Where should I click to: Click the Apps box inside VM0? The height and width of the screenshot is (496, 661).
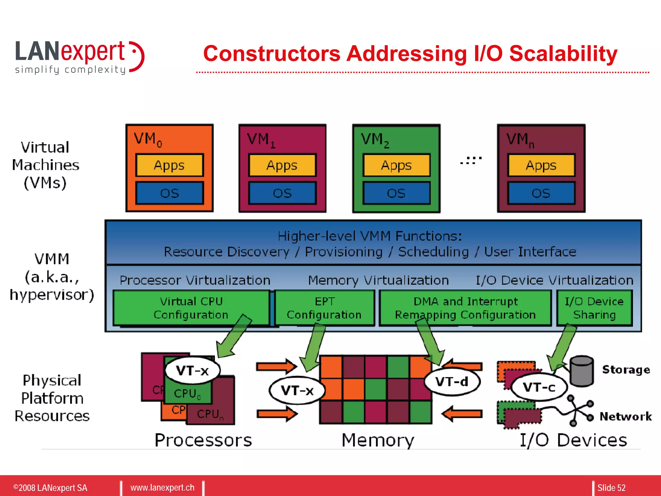coord(169,165)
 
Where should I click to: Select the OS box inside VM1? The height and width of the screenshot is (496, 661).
coord(282,193)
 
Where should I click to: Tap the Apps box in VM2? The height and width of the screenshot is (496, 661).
coord(396,165)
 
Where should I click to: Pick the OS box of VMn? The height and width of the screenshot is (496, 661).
coord(541,193)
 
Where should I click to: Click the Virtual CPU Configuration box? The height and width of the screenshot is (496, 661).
coord(191,307)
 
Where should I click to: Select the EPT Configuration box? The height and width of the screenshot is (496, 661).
coord(324,307)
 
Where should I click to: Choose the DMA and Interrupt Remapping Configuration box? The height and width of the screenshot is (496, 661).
coord(465,307)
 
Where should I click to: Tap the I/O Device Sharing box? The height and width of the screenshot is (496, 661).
coord(594,307)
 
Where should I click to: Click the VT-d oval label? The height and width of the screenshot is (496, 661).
coord(452,381)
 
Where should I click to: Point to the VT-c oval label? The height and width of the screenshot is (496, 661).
coord(539,387)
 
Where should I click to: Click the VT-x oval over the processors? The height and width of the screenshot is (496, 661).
coord(192,370)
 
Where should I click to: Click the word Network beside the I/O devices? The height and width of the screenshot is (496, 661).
coord(625,416)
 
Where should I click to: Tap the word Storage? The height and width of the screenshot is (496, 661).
coord(626,369)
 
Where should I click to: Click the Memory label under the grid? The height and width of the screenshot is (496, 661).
coord(378,440)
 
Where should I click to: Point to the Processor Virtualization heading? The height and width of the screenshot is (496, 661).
coord(195,280)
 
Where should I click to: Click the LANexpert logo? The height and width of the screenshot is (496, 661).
coord(79,57)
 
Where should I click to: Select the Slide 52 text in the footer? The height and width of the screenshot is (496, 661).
coord(611,488)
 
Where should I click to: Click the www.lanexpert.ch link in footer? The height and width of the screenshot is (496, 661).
coord(162,487)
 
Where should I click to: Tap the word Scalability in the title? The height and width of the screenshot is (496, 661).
coord(563,54)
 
